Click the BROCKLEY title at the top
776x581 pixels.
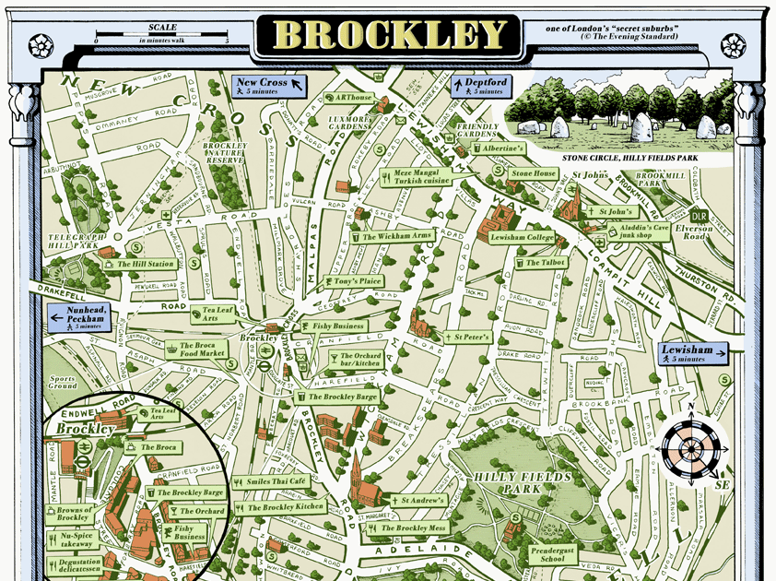[387, 35]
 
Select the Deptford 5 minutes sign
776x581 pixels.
[480, 86]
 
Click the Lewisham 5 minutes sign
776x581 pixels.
[693, 353]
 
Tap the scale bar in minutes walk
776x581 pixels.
[161, 38]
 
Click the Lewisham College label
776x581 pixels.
[522, 237]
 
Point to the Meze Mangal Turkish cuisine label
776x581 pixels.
[422, 176]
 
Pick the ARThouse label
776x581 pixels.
[354, 98]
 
